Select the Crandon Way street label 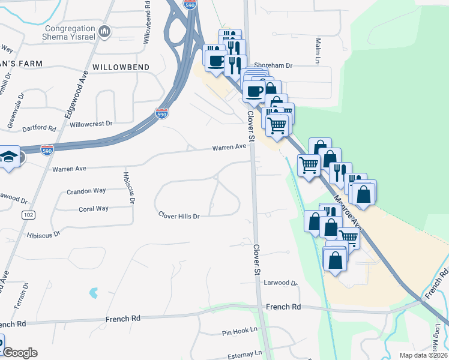tap(86, 190)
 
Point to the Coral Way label tap(94, 209)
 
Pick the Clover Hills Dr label tap(178, 215)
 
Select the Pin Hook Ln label tap(240, 331)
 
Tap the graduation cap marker tap(9, 157)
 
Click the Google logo tap(20, 353)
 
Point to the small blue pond tap(93, 293)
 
